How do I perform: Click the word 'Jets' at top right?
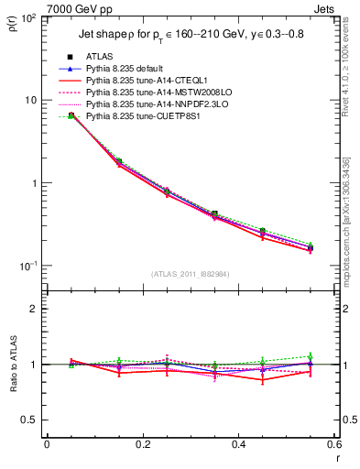click(325, 8)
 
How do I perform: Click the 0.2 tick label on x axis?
click(142, 444)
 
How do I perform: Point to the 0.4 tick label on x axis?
click(237, 444)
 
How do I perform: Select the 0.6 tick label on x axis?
click(333, 444)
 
